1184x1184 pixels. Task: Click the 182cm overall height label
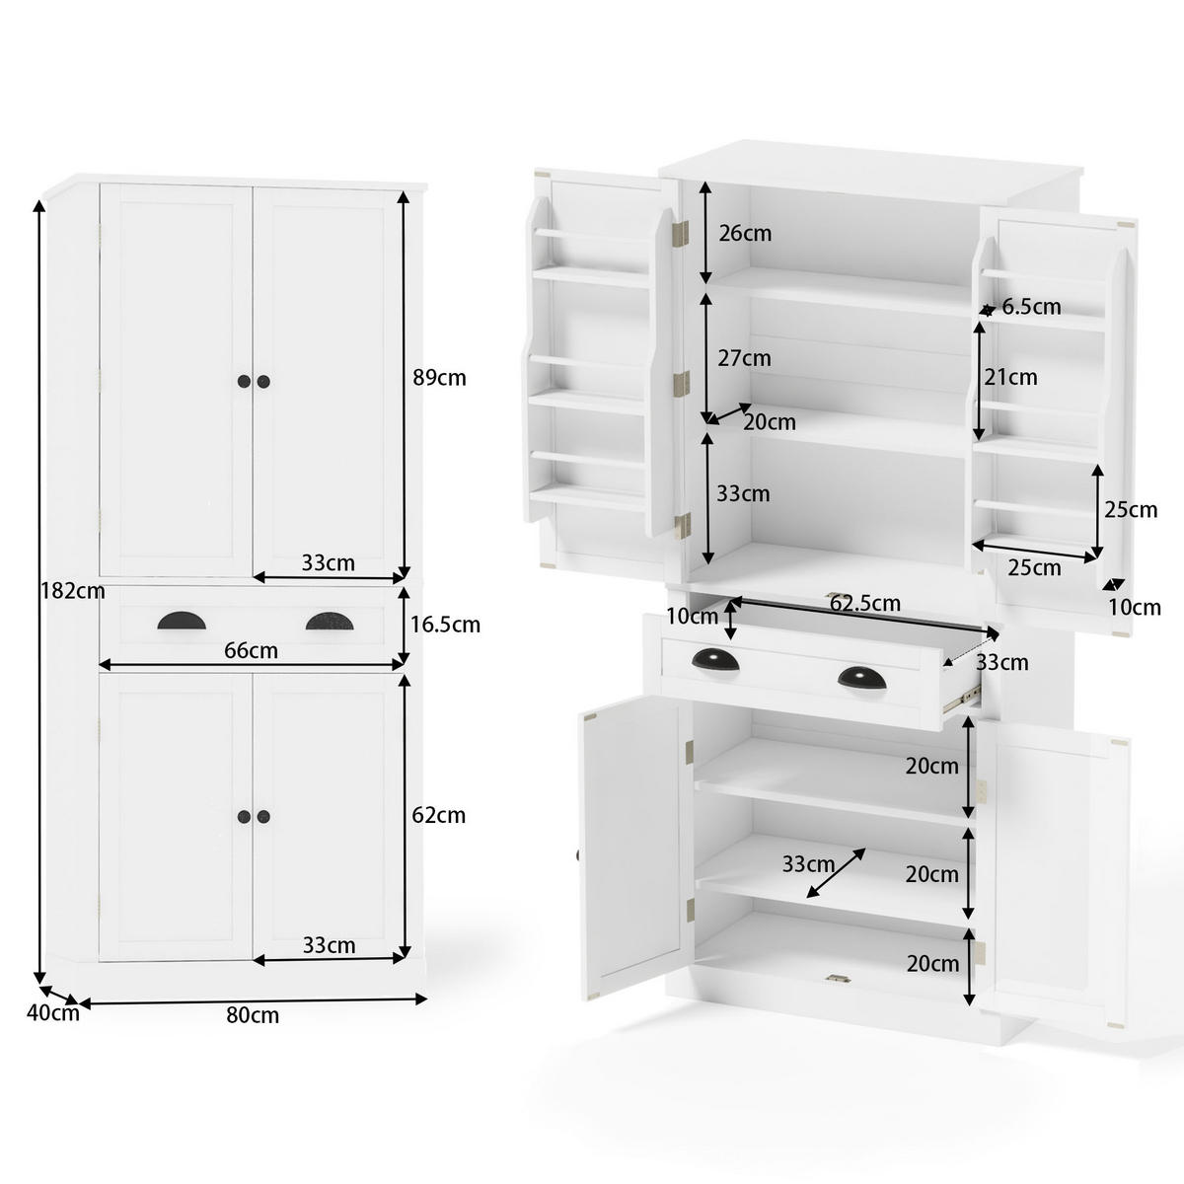coord(72,592)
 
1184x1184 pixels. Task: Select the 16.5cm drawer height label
coord(446,625)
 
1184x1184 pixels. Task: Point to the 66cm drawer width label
coord(251,650)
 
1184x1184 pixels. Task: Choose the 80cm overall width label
coord(253,1015)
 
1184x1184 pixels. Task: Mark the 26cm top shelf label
coord(745,234)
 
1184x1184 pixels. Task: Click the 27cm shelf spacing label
coord(744,358)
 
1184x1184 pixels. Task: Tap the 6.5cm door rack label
coord(1031,307)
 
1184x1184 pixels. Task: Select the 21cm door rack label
coord(1010,377)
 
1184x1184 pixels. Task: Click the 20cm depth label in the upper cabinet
coord(770,422)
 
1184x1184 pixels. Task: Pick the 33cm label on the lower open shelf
coord(808,865)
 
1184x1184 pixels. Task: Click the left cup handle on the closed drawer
coord(178,621)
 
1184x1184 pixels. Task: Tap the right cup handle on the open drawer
coord(862,678)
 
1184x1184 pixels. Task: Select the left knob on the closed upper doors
coord(244,382)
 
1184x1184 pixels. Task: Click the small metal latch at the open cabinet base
coord(838,979)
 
